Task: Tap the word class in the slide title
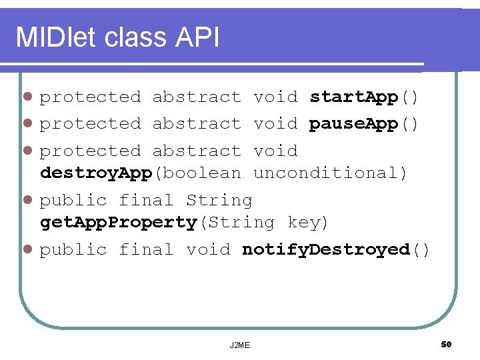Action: (135, 38)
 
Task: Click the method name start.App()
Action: (364, 97)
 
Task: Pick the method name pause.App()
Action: (364, 124)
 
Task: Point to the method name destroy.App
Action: (97, 173)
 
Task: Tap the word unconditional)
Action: (331, 173)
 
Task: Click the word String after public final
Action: (219, 201)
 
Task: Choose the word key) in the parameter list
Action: (308, 223)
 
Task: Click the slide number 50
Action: (446, 344)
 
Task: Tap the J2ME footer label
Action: (239, 345)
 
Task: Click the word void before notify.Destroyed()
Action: (208, 250)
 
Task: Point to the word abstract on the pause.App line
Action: (197, 124)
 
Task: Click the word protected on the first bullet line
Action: (91, 97)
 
